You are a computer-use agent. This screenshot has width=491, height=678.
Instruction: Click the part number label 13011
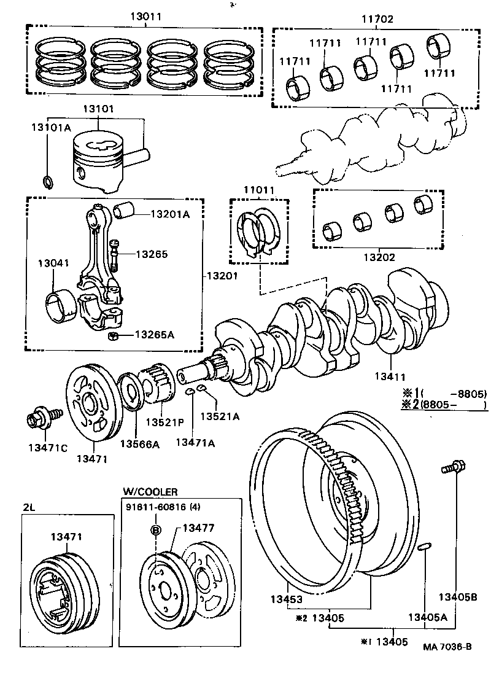click(x=145, y=17)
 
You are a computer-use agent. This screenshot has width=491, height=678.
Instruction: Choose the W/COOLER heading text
click(x=150, y=492)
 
